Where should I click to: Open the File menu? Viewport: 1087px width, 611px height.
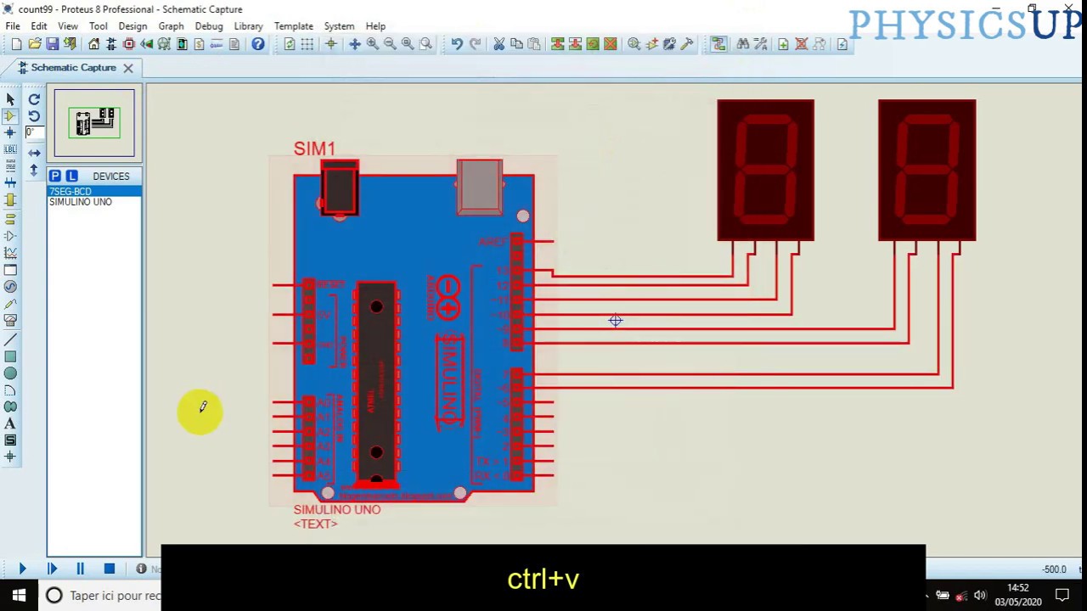coord(13,26)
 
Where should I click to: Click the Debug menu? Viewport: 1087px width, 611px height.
coord(208,26)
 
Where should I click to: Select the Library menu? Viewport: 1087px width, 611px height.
coord(248,26)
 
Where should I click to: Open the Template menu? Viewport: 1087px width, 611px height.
coord(293,26)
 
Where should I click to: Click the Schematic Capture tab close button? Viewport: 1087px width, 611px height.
coord(128,68)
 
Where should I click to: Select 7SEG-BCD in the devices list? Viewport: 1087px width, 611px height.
coord(70,192)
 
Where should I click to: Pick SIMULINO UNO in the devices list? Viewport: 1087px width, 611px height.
coord(80,202)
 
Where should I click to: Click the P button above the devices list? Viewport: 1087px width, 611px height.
coord(54,176)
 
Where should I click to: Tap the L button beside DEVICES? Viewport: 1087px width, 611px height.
coord(71,176)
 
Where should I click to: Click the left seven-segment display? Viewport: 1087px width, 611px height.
coord(765,170)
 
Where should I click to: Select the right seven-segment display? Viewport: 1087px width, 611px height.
coord(926,170)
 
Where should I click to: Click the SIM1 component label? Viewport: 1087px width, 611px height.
coord(314,149)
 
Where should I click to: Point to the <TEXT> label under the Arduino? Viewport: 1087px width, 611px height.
coord(315,524)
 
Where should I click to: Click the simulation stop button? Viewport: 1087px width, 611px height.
coord(109,569)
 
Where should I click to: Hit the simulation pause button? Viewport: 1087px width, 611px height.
coord(80,569)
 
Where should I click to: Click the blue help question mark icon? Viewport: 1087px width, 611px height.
coord(257,44)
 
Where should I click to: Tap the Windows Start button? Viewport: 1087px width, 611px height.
coord(19,595)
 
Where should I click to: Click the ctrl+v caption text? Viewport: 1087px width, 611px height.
coord(543,579)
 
